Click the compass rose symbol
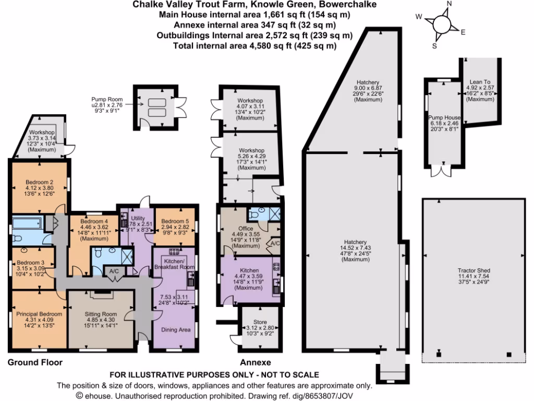[441, 24]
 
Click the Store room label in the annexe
[260, 322]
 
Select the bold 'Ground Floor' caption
[35, 362]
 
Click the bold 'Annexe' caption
[254, 362]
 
